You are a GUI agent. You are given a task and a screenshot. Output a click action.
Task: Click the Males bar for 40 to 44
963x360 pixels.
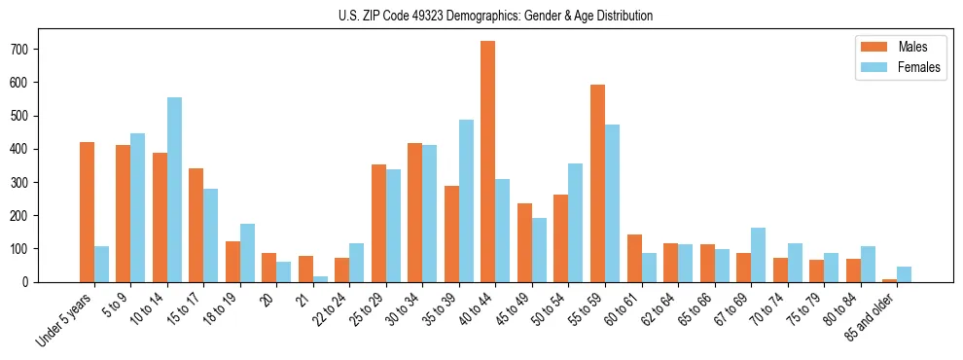(x=488, y=162)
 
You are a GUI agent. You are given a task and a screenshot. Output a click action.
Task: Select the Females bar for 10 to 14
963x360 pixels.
(x=174, y=190)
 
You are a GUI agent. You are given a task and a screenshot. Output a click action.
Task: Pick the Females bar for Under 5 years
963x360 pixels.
(x=101, y=264)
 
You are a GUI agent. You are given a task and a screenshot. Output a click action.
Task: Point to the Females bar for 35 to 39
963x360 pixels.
(x=466, y=200)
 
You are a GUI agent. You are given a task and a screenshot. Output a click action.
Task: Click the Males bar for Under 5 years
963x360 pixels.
(x=87, y=212)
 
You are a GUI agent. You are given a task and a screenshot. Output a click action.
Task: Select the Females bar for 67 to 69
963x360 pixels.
(x=758, y=255)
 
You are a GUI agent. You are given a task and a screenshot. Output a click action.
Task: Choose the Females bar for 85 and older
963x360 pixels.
(x=904, y=274)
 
